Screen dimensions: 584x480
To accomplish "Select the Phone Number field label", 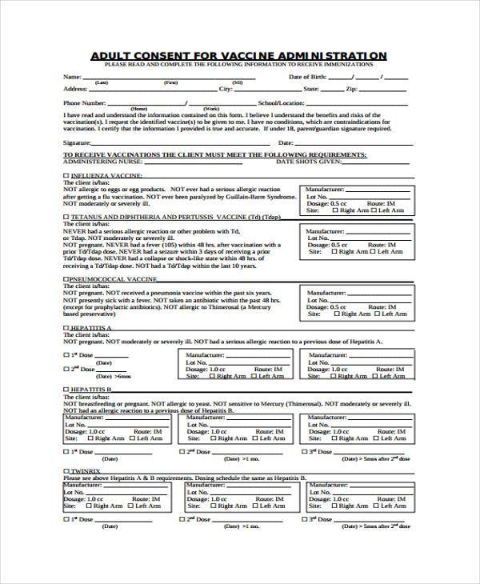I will click(x=84, y=102).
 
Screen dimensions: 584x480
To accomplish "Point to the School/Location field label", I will click(x=282, y=102).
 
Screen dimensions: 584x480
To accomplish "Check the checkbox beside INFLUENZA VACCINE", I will click(x=66, y=174).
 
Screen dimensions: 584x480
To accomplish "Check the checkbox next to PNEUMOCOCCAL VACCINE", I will click(x=66, y=281).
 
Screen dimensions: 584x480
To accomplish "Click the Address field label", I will click(x=75, y=89).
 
